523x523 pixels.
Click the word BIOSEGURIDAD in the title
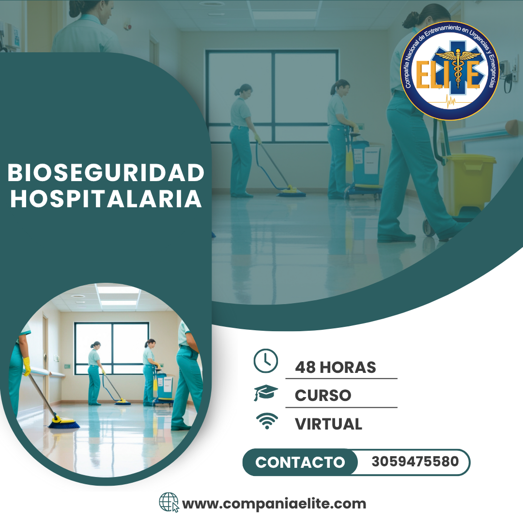coord(106,173)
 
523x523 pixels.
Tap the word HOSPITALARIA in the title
coord(106,199)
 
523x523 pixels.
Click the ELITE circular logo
coord(450,70)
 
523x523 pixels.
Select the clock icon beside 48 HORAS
coord(265,361)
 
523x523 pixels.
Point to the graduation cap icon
coord(265,393)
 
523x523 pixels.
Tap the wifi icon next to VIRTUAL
coord(265,421)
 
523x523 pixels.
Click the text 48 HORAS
coord(335,367)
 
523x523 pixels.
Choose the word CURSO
coord(323,395)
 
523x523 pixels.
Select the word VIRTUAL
coord(328,424)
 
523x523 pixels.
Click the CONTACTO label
coord(300,462)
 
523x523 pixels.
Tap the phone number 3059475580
coord(415,461)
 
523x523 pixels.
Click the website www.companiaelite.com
coord(274,504)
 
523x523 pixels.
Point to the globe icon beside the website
coord(169,502)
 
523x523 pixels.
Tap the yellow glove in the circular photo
coord(27,366)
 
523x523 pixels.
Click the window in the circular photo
coord(112,348)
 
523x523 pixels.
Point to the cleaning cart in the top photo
coord(364,167)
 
